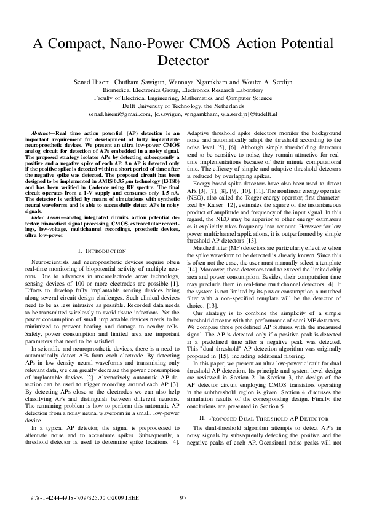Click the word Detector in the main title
(183, 61)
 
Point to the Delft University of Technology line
(183, 105)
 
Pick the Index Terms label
(46, 200)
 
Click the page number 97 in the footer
(183, 498)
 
